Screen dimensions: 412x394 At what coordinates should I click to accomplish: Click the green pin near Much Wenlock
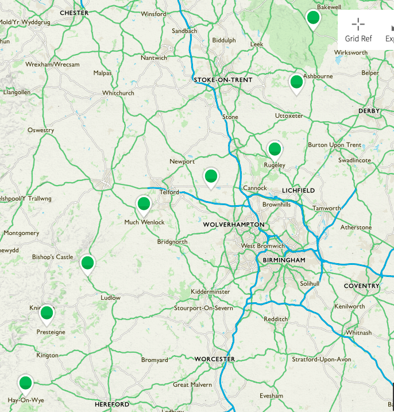click(x=144, y=203)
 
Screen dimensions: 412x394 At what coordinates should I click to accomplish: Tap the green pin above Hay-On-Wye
click(x=25, y=383)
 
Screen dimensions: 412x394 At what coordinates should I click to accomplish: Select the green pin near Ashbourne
click(x=296, y=82)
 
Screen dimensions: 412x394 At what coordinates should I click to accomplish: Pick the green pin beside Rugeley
click(x=275, y=149)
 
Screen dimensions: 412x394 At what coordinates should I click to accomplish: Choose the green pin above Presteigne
click(x=46, y=313)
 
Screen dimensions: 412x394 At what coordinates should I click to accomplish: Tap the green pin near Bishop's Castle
click(x=87, y=263)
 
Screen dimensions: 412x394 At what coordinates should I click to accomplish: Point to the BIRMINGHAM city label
click(x=284, y=260)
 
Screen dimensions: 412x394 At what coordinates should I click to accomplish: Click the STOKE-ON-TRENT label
click(x=223, y=80)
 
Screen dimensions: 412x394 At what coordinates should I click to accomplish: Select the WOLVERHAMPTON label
click(x=234, y=224)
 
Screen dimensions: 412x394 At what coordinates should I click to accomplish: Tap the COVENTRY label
click(x=361, y=286)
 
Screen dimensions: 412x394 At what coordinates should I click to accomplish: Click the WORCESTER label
click(x=214, y=359)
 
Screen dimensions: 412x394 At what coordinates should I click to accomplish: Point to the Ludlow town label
click(x=110, y=298)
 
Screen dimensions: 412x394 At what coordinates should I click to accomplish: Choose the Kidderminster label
click(x=210, y=292)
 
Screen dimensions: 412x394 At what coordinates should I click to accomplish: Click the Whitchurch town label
click(x=118, y=93)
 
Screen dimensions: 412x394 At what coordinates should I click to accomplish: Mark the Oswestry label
click(x=41, y=130)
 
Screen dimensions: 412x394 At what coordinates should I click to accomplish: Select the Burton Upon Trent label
click(x=335, y=145)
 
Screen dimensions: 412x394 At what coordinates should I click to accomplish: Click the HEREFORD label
click(x=112, y=405)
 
